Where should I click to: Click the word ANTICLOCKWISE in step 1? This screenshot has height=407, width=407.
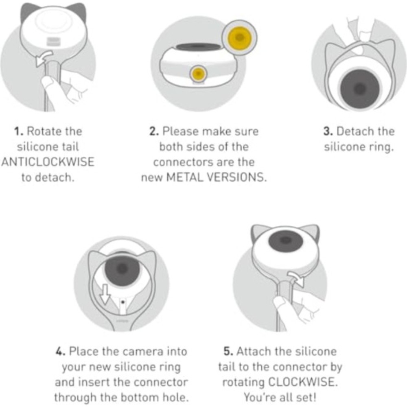[48, 162]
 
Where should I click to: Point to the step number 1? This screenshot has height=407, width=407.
[18, 131]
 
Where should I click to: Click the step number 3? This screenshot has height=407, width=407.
[328, 131]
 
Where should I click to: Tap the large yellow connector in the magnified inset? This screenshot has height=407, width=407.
[240, 37]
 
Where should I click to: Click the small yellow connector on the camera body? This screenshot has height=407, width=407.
[199, 74]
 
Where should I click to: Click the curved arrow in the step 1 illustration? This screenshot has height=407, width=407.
[44, 58]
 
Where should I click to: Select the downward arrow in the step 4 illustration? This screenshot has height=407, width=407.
[105, 294]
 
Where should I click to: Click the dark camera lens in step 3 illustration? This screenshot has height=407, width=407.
[359, 89]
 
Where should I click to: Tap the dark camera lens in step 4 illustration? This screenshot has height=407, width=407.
[122, 269]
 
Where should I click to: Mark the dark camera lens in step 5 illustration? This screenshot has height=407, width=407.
[286, 241]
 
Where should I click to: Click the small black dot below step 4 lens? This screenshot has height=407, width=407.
[123, 302]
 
